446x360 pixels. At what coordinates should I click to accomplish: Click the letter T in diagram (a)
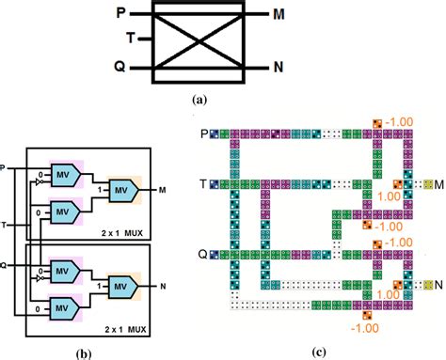tap(132, 39)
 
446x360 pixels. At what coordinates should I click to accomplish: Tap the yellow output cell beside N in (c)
tap(429, 284)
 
